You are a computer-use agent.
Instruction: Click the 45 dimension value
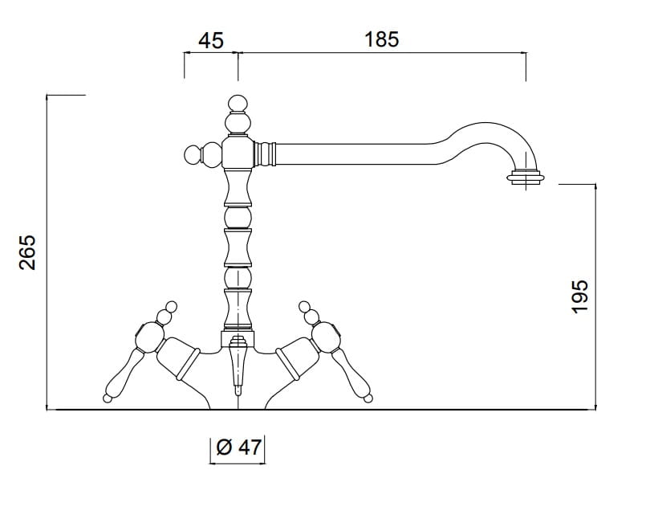coord(211,41)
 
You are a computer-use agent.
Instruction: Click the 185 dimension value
coord(382,39)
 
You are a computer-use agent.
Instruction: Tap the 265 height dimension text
coord(27,253)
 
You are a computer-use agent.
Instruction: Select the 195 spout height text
coord(579,296)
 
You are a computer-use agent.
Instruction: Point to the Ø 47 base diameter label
coord(238,447)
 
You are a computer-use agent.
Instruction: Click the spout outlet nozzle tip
coord(526,178)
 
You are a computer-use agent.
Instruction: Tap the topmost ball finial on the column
coord(238,104)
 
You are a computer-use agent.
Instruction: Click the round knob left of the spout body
coord(193,154)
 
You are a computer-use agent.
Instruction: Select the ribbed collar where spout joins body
coord(266,154)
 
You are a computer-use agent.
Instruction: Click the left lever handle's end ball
coord(107,398)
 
